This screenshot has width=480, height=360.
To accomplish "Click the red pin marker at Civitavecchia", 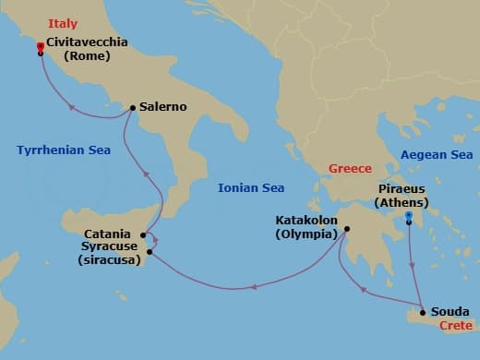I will (40, 46).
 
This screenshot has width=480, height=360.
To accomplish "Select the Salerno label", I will (163, 107).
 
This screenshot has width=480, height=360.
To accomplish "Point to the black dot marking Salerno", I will (134, 108).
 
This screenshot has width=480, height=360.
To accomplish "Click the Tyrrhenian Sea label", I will (62, 149).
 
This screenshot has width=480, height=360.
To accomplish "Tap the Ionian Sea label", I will (250, 188).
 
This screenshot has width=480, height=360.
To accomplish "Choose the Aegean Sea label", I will (436, 155).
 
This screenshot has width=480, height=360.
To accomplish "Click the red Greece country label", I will (350, 169).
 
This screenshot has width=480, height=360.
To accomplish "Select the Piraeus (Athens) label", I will (408, 197).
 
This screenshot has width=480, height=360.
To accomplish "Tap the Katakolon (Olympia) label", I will (306, 227).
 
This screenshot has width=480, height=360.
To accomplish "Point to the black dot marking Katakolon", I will (347, 230).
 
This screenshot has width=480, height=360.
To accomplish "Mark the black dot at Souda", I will (423, 312).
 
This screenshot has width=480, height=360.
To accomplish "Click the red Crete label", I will (456, 326).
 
